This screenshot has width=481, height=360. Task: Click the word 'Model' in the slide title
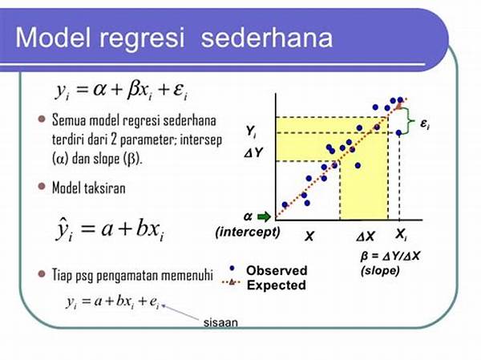pyautogui.click(x=54, y=38)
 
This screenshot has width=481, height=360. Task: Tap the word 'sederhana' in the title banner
pyautogui.click(x=267, y=38)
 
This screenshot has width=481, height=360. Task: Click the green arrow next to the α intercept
pyautogui.click(x=264, y=216)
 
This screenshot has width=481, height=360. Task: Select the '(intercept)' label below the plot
pyautogui.click(x=248, y=232)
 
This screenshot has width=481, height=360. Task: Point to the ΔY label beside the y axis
pyautogui.click(x=253, y=152)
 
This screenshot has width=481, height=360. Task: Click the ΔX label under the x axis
pyautogui.click(x=366, y=237)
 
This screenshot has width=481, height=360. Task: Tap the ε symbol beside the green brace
pyautogui.click(x=425, y=123)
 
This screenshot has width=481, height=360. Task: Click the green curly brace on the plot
pyautogui.click(x=408, y=121)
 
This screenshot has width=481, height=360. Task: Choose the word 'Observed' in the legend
pyautogui.click(x=277, y=270)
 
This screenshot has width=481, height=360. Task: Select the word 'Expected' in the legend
pyautogui.click(x=277, y=285)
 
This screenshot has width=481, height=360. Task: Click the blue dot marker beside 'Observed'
pyautogui.click(x=232, y=269)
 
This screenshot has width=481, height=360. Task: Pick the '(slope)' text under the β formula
pyautogui.click(x=380, y=271)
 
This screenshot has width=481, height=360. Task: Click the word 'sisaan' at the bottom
pyautogui.click(x=221, y=322)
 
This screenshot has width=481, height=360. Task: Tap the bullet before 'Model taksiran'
pyautogui.click(x=42, y=186)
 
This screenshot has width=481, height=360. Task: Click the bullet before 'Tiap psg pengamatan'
pyautogui.click(x=42, y=274)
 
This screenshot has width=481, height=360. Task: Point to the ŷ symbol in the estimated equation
pyautogui.click(x=63, y=229)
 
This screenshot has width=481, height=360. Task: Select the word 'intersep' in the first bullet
pyautogui.click(x=201, y=140)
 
